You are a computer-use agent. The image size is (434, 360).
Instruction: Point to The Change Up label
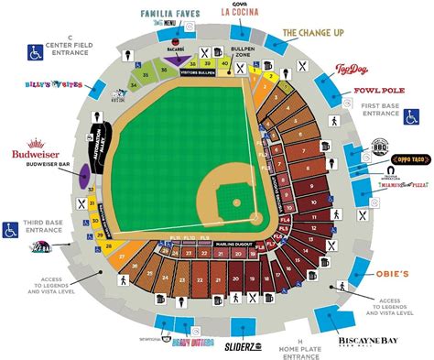[314, 32]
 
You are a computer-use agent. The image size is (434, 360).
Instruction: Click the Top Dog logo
[352, 70]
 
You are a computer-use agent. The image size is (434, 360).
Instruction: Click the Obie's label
[399, 275]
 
